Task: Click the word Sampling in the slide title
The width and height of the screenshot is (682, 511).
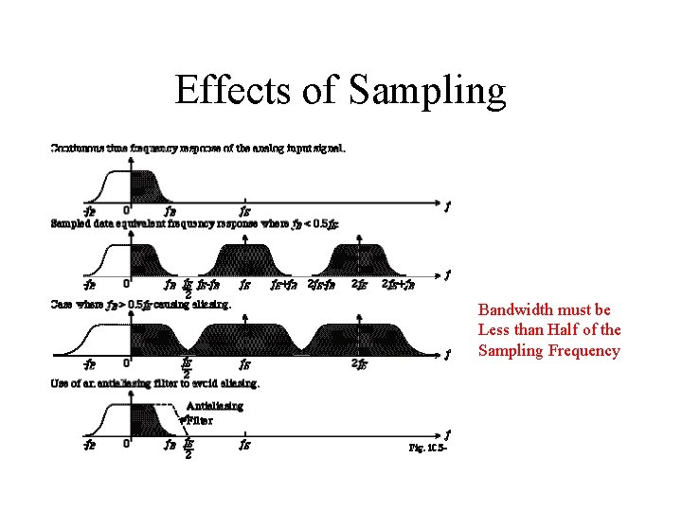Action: pos(428,91)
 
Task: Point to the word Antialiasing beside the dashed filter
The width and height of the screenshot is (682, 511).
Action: pos(215,406)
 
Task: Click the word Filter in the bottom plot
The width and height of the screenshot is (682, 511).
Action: pos(200,419)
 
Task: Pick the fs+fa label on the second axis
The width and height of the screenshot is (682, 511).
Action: pos(284,284)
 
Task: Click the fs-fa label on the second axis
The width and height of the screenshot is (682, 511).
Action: pos(209,284)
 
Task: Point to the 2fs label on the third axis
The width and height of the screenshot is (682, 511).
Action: pos(359,363)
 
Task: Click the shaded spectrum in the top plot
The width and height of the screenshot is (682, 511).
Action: pos(146,185)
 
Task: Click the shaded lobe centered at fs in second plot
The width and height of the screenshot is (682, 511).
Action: pos(245,258)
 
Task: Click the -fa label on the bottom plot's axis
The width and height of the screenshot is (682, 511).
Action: pos(89,442)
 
